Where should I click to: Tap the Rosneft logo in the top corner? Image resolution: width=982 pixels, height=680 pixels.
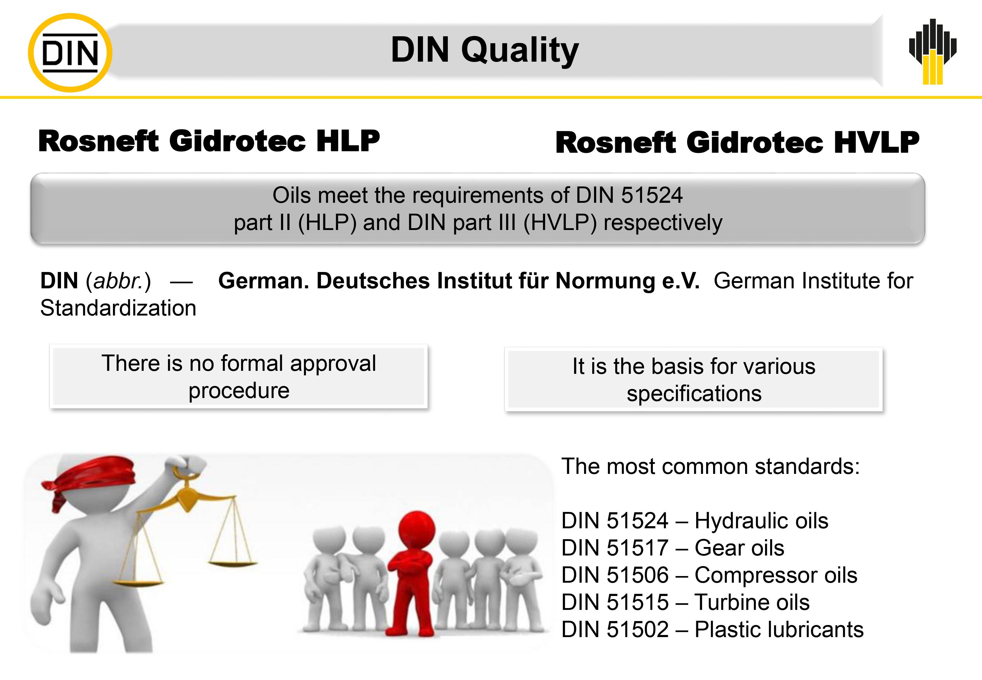(933, 52)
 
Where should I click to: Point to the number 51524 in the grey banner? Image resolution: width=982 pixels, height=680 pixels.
(651, 195)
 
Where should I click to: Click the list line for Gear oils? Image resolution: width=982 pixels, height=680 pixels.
(673, 548)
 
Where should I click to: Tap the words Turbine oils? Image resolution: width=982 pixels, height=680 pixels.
(752, 602)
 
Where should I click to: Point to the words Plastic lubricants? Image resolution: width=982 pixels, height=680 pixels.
(779, 630)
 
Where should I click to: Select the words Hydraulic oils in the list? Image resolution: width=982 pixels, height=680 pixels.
(761, 521)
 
